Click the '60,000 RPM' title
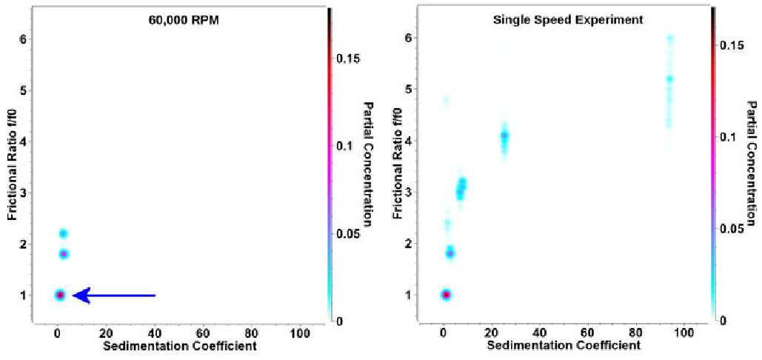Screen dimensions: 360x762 click(178, 20)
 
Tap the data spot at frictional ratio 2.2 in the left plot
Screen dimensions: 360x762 click(63, 233)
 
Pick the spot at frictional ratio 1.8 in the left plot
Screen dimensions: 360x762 click(64, 254)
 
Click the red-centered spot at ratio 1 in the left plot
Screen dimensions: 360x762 click(60, 295)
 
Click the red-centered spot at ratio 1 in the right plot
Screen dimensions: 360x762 click(446, 295)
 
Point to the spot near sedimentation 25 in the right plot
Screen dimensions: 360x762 click(504, 136)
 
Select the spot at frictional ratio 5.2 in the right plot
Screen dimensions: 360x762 click(669, 79)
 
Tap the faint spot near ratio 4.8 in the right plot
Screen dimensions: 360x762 click(446, 101)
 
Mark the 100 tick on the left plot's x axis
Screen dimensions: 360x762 click(299, 333)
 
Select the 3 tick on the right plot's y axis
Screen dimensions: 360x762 click(408, 192)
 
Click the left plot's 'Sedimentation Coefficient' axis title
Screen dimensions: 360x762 click(179, 346)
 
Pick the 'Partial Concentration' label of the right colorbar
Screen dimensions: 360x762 click(752, 164)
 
